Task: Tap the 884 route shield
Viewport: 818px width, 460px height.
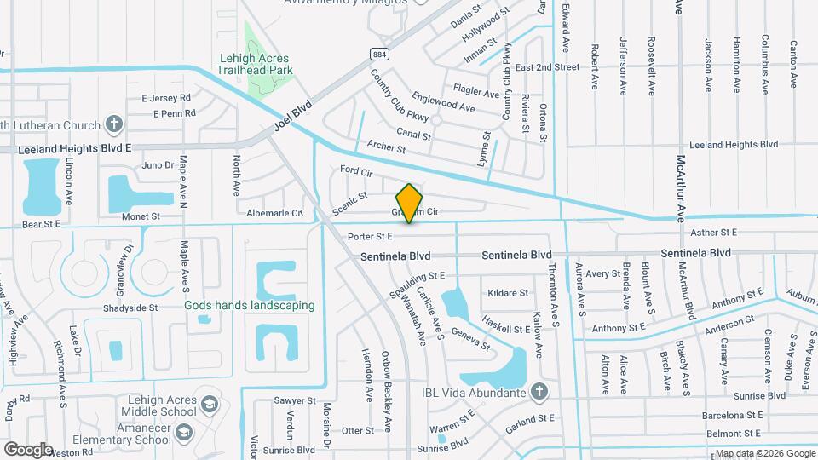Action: pos(377,54)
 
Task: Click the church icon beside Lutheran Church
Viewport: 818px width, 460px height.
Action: pos(114,124)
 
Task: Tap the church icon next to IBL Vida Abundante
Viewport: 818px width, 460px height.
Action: pos(537,392)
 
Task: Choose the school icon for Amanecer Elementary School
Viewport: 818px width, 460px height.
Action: pos(182,434)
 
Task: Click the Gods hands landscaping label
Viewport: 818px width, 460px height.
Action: pos(250,305)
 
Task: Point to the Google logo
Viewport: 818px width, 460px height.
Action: pos(28,449)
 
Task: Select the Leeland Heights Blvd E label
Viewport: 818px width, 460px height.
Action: pos(75,147)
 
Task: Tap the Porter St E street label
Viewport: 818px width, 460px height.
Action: pos(370,236)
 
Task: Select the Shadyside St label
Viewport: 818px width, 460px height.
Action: pos(130,308)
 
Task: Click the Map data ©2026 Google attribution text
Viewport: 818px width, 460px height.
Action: pos(763,453)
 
